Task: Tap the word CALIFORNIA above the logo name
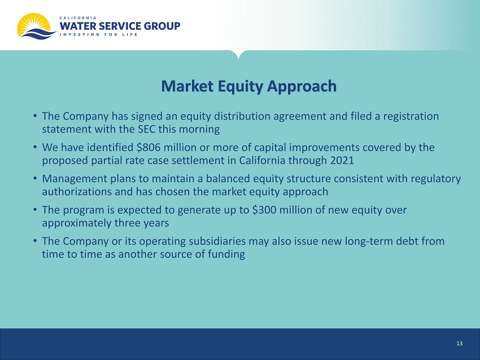click(78, 18)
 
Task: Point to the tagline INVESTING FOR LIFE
click(99, 34)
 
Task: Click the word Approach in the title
click(302, 86)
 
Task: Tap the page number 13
click(459, 344)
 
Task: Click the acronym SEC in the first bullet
click(147, 129)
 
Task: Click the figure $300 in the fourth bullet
click(264, 210)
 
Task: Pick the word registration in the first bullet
click(411, 117)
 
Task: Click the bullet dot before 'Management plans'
click(36, 178)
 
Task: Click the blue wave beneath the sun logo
click(37, 34)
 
